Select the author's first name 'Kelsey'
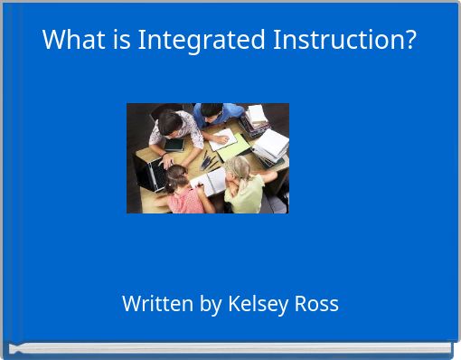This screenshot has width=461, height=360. [x=259, y=305]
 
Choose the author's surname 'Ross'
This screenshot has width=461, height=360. [x=316, y=304]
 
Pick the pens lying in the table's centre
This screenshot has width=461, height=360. [x=208, y=163]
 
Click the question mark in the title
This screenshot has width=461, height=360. [x=410, y=41]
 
